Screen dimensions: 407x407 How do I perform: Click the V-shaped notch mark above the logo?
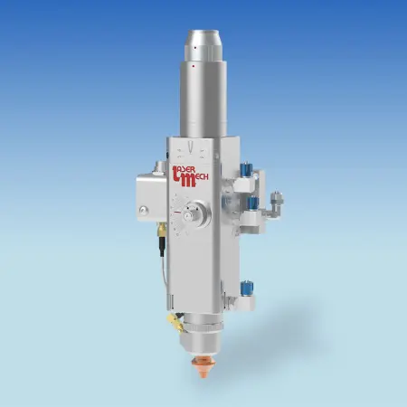(197, 146)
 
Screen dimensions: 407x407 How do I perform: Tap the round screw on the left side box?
(143, 213)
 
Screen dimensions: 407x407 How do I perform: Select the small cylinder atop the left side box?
(160, 167)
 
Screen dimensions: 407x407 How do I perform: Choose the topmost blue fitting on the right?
(245, 167)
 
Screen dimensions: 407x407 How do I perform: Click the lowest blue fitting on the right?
(244, 287)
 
